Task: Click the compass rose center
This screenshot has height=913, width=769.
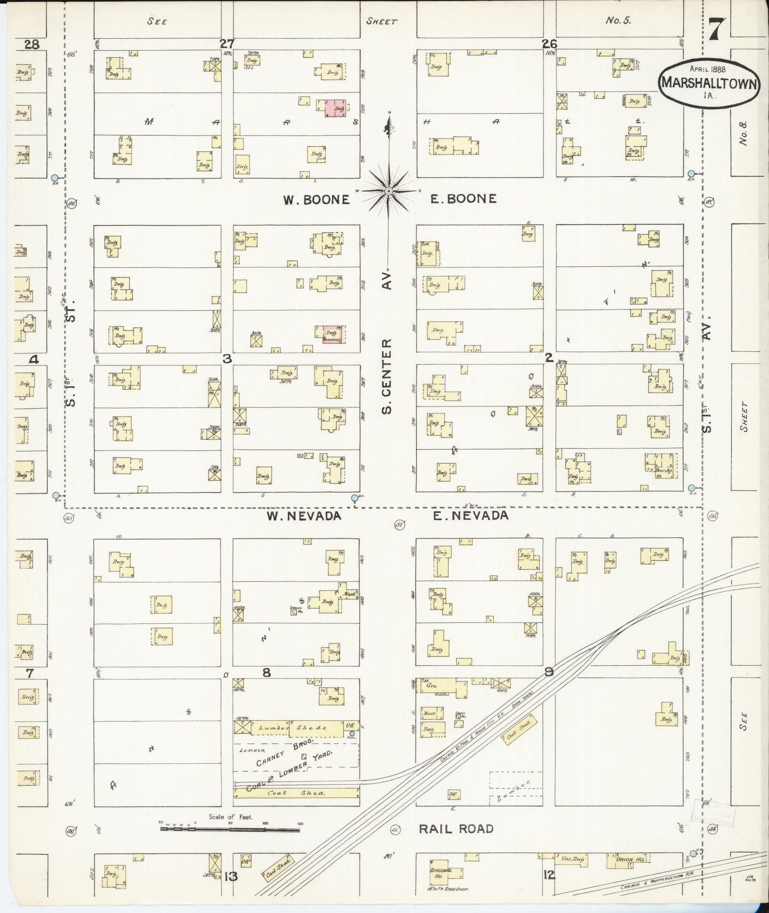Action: click(x=389, y=191)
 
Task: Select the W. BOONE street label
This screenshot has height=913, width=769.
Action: click(x=316, y=200)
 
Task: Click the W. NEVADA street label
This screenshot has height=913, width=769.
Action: click(x=303, y=516)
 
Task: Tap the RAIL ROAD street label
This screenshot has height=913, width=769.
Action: click(x=456, y=829)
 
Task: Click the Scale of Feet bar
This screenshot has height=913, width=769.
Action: click(x=229, y=829)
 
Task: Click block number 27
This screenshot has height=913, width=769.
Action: click(x=228, y=44)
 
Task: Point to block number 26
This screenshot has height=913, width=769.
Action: click(x=549, y=44)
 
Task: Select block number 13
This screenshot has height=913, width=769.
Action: click(x=230, y=877)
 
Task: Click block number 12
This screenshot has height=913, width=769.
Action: click(x=549, y=875)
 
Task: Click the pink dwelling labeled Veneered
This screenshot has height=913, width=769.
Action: click(x=333, y=335)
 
